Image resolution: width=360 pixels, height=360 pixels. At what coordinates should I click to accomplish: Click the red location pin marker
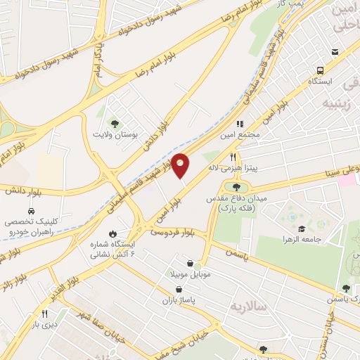(181, 165)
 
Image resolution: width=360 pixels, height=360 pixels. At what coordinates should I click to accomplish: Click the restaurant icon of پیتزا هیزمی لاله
(233, 157)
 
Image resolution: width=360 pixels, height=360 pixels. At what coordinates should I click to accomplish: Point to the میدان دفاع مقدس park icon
(236, 186)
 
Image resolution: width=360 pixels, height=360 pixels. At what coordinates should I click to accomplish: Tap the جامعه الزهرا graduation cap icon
(302, 229)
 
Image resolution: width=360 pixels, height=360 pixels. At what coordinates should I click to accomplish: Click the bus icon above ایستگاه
(320, 70)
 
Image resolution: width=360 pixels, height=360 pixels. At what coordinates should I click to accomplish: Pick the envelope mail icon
(335, 52)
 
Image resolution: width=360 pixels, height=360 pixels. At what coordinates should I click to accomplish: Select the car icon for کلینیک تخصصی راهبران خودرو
(31, 211)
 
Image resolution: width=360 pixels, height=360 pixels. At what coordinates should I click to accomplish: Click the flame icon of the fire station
(112, 233)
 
